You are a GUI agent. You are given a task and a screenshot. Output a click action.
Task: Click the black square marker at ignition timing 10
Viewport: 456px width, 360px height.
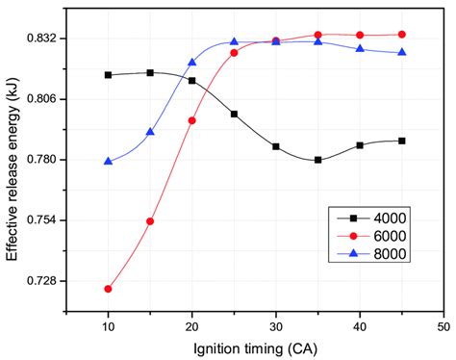tap(109, 75)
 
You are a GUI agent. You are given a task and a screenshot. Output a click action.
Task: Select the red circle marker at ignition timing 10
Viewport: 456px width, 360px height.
tap(109, 289)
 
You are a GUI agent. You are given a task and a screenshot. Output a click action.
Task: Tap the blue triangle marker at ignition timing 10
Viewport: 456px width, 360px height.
tap(109, 161)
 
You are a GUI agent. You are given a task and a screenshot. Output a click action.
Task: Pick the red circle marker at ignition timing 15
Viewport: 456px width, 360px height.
tap(150, 221)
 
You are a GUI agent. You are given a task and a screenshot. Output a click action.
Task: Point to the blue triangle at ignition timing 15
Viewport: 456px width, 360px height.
tap(150, 132)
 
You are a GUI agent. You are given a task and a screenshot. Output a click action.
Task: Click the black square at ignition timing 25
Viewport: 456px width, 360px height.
tap(234, 114)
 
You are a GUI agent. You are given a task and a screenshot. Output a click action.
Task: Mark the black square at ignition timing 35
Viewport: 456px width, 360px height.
tap(317, 160)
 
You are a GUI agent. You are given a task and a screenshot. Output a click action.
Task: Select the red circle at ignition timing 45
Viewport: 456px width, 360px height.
tap(401, 34)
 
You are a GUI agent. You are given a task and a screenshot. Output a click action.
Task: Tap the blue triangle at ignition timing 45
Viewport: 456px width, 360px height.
tap(401, 52)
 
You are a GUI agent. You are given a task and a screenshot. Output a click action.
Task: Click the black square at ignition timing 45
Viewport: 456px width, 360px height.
tap(401, 141)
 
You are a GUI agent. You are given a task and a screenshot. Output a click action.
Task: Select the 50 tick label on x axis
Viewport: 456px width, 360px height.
tap(443, 327)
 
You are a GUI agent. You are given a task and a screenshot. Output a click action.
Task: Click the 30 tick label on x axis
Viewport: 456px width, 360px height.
tap(275, 327)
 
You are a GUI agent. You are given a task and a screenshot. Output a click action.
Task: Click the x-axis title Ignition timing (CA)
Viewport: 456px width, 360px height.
tap(254, 347)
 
